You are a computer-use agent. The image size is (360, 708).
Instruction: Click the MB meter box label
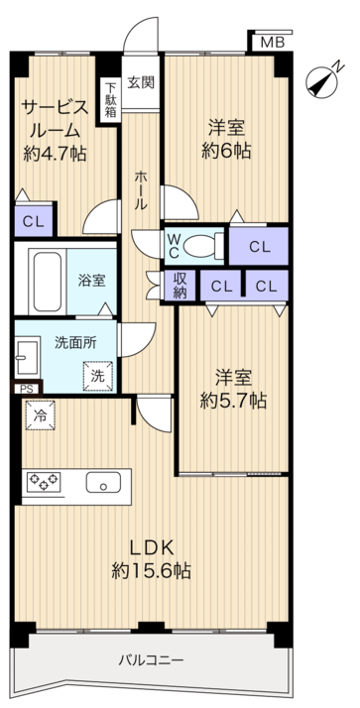[273, 43]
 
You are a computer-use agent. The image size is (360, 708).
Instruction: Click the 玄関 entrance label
[141, 82]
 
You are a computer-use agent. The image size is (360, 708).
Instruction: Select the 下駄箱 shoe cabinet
[110, 100]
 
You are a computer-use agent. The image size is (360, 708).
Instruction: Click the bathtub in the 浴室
[47, 282]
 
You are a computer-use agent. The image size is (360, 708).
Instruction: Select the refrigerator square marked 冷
[41, 414]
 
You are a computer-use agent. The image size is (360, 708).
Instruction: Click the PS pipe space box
[26, 389]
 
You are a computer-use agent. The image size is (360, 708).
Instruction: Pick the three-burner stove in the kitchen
[44, 481]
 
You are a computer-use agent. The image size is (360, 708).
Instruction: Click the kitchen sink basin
[103, 482]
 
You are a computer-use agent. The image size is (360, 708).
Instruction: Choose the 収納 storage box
[180, 286]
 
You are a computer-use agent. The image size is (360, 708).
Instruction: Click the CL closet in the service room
[34, 221]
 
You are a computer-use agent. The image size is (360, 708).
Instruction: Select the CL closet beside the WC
[259, 246]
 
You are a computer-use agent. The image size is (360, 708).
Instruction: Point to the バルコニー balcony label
[152, 660]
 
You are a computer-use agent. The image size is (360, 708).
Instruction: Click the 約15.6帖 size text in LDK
[152, 571]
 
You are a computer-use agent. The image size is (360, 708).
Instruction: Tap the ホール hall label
[141, 189]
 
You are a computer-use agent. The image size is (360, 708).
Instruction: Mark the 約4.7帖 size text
[55, 155]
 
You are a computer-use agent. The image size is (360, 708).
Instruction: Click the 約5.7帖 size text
[233, 401]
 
